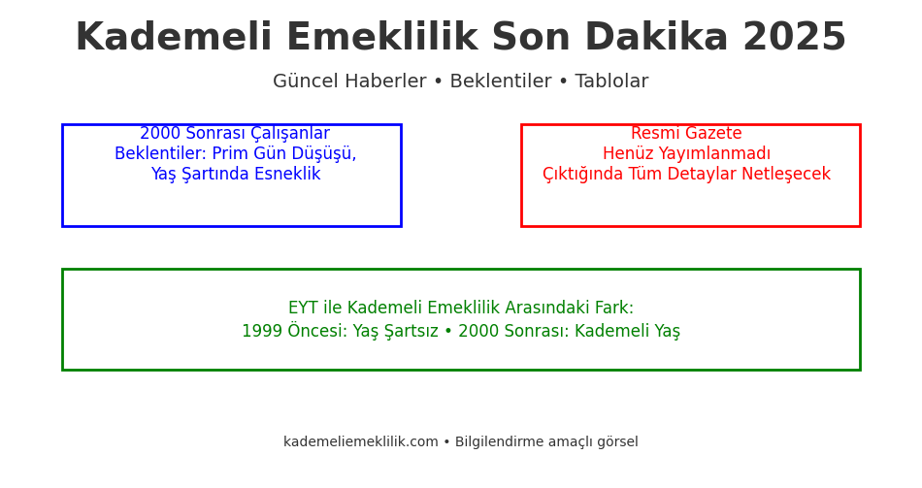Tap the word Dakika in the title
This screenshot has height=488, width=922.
[656, 39]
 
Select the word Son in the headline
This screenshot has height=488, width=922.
[531, 39]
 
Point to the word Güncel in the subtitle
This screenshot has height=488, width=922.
[301, 82]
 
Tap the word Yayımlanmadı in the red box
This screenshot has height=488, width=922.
[714, 154]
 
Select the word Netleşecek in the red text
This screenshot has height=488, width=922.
[785, 175]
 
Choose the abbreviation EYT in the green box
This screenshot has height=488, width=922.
[303, 309]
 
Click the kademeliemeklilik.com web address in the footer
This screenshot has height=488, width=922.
[360, 442]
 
